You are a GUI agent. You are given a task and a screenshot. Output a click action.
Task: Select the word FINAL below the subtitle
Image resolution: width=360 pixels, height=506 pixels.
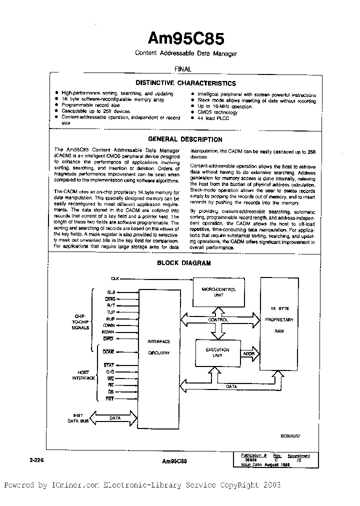point(182,69)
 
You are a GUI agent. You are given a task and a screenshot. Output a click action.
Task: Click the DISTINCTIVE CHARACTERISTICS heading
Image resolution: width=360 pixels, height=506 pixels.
point(185,83)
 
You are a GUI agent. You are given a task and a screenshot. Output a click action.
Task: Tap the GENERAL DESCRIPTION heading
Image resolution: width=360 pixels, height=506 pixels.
point(185,139)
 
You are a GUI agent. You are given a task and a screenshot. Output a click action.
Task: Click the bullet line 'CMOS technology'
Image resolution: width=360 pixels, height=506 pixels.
point(217,112)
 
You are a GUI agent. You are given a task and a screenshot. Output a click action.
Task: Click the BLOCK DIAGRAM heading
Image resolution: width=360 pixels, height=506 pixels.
point(184,262)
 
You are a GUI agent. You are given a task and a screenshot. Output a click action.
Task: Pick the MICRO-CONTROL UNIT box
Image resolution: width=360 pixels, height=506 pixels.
point(218,292)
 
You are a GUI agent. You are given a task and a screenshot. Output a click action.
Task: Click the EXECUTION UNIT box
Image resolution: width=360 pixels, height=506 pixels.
point(218,352)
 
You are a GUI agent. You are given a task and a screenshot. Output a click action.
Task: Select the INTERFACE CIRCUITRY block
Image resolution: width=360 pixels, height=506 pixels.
point(158,347)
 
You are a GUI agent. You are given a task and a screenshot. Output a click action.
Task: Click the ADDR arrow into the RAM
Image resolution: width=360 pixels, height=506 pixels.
point(248,353)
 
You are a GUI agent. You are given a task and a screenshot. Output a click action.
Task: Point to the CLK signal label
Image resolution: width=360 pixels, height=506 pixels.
point(115,278)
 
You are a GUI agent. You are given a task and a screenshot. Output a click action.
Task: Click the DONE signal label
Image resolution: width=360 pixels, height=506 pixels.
point(108,351)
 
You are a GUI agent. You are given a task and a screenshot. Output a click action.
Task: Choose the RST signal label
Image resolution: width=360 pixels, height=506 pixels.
point(110,398)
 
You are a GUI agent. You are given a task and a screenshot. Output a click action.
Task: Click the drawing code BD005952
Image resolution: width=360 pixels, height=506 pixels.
point(290,435)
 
